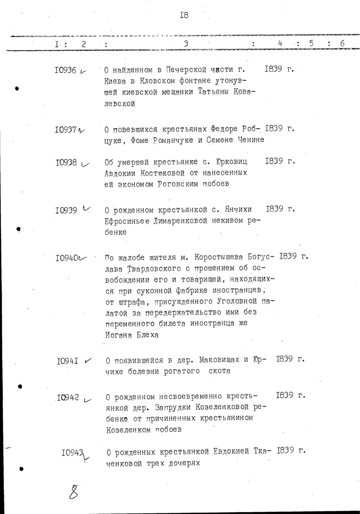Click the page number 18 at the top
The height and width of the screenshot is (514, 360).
pos(184,15)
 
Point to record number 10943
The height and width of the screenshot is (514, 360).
pos(72,453)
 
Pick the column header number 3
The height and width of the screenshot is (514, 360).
pos(186,44)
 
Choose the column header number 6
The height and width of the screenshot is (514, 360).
pos(342,44)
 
